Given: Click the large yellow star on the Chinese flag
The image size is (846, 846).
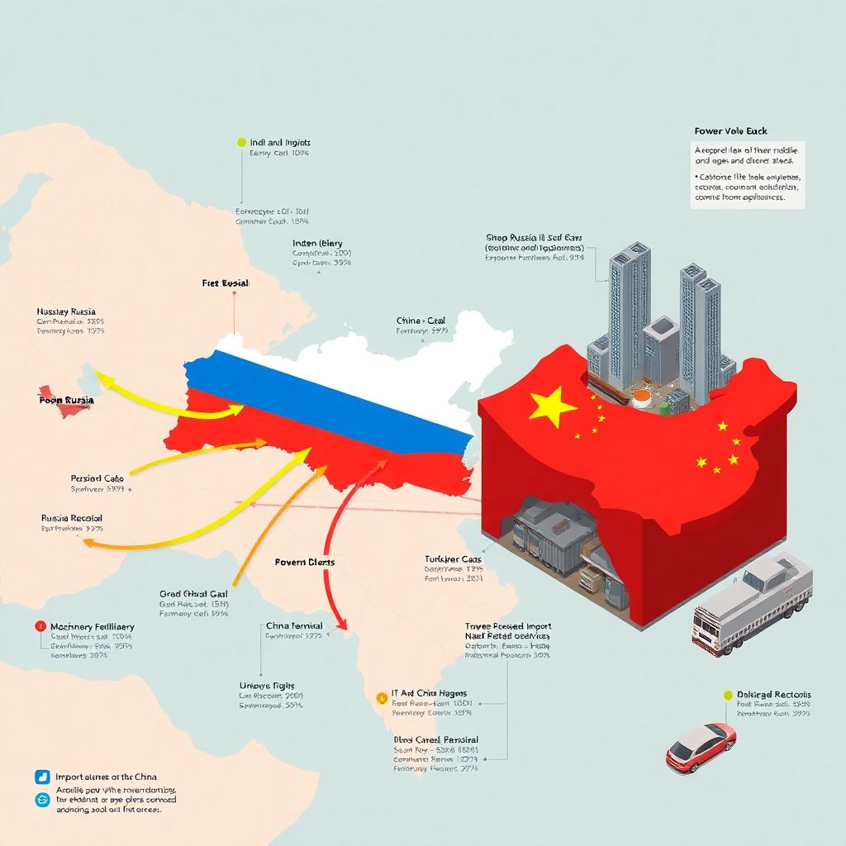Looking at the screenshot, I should (552, 406).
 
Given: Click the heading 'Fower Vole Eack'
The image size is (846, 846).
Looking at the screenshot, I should (731, 131).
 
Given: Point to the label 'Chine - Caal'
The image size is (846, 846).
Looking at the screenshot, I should (421, 321).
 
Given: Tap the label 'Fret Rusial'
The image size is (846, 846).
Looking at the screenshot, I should (226, 283).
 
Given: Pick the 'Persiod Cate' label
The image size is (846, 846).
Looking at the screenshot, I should (97, 478).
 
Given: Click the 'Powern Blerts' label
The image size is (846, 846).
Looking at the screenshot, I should (305, 562).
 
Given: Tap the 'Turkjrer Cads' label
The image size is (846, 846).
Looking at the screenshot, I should (454, 559).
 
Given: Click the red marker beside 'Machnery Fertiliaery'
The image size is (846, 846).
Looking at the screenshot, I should (39, 626).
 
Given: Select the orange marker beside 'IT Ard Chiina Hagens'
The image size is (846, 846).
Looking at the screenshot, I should (381, 696).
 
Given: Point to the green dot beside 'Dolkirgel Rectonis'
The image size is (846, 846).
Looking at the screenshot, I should (728, 696).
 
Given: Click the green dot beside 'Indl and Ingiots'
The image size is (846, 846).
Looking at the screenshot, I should (241, 142).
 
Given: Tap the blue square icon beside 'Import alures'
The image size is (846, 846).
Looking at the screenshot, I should (43, 777).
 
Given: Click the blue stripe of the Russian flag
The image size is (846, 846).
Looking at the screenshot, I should (330, 397).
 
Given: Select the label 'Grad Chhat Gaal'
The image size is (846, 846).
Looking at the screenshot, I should (193, 593).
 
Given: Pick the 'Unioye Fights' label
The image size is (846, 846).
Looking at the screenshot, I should (267, 686).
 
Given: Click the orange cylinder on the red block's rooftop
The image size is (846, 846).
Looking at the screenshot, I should (640, 398).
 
